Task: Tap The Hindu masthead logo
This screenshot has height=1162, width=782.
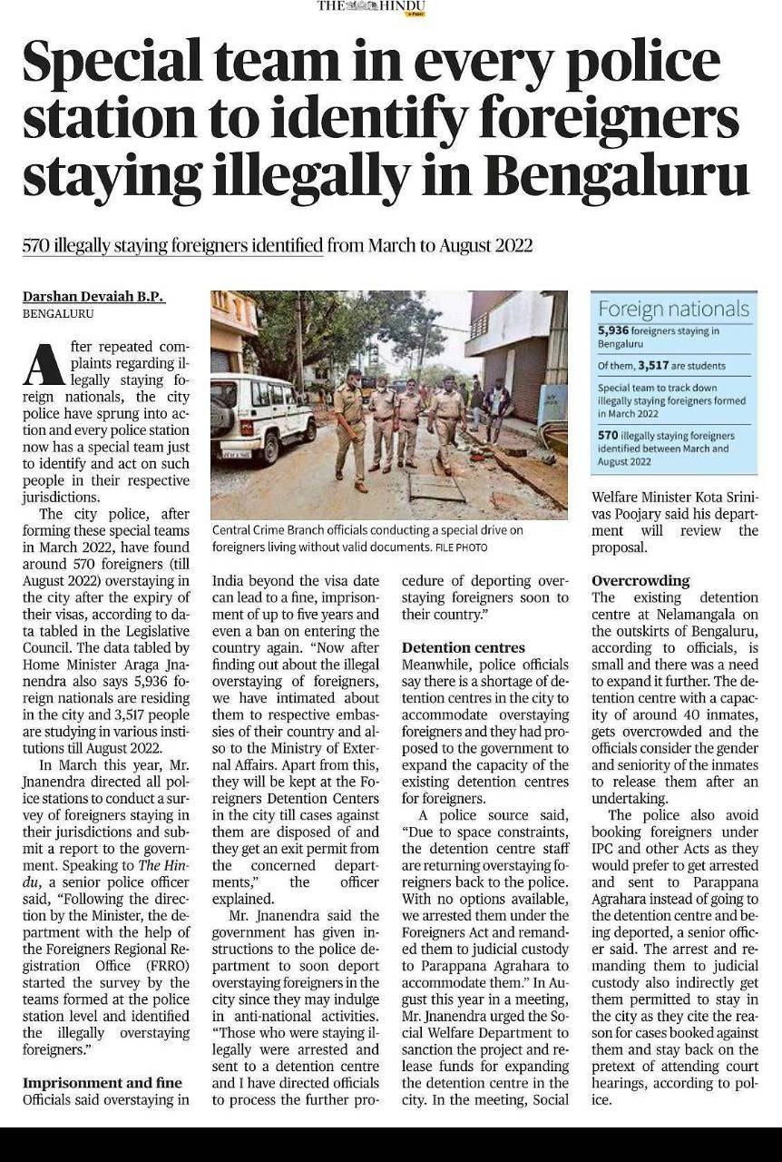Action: (x=371, y=7)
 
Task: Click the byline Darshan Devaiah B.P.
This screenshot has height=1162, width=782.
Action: (x=93, y=298)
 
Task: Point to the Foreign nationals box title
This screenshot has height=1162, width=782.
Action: (x=673, y=309)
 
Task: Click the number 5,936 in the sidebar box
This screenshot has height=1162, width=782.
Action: (x=613, y=331)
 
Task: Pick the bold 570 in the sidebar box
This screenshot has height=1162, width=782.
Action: (x=608, y=436)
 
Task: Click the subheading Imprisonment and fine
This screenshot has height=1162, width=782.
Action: (x=102, y=1083)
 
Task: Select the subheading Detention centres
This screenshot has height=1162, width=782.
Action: (x=463, y=648)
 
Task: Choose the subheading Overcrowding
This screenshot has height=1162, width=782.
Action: (x=640, y=581)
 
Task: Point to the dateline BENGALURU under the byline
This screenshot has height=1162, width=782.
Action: (x=58, y=314)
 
